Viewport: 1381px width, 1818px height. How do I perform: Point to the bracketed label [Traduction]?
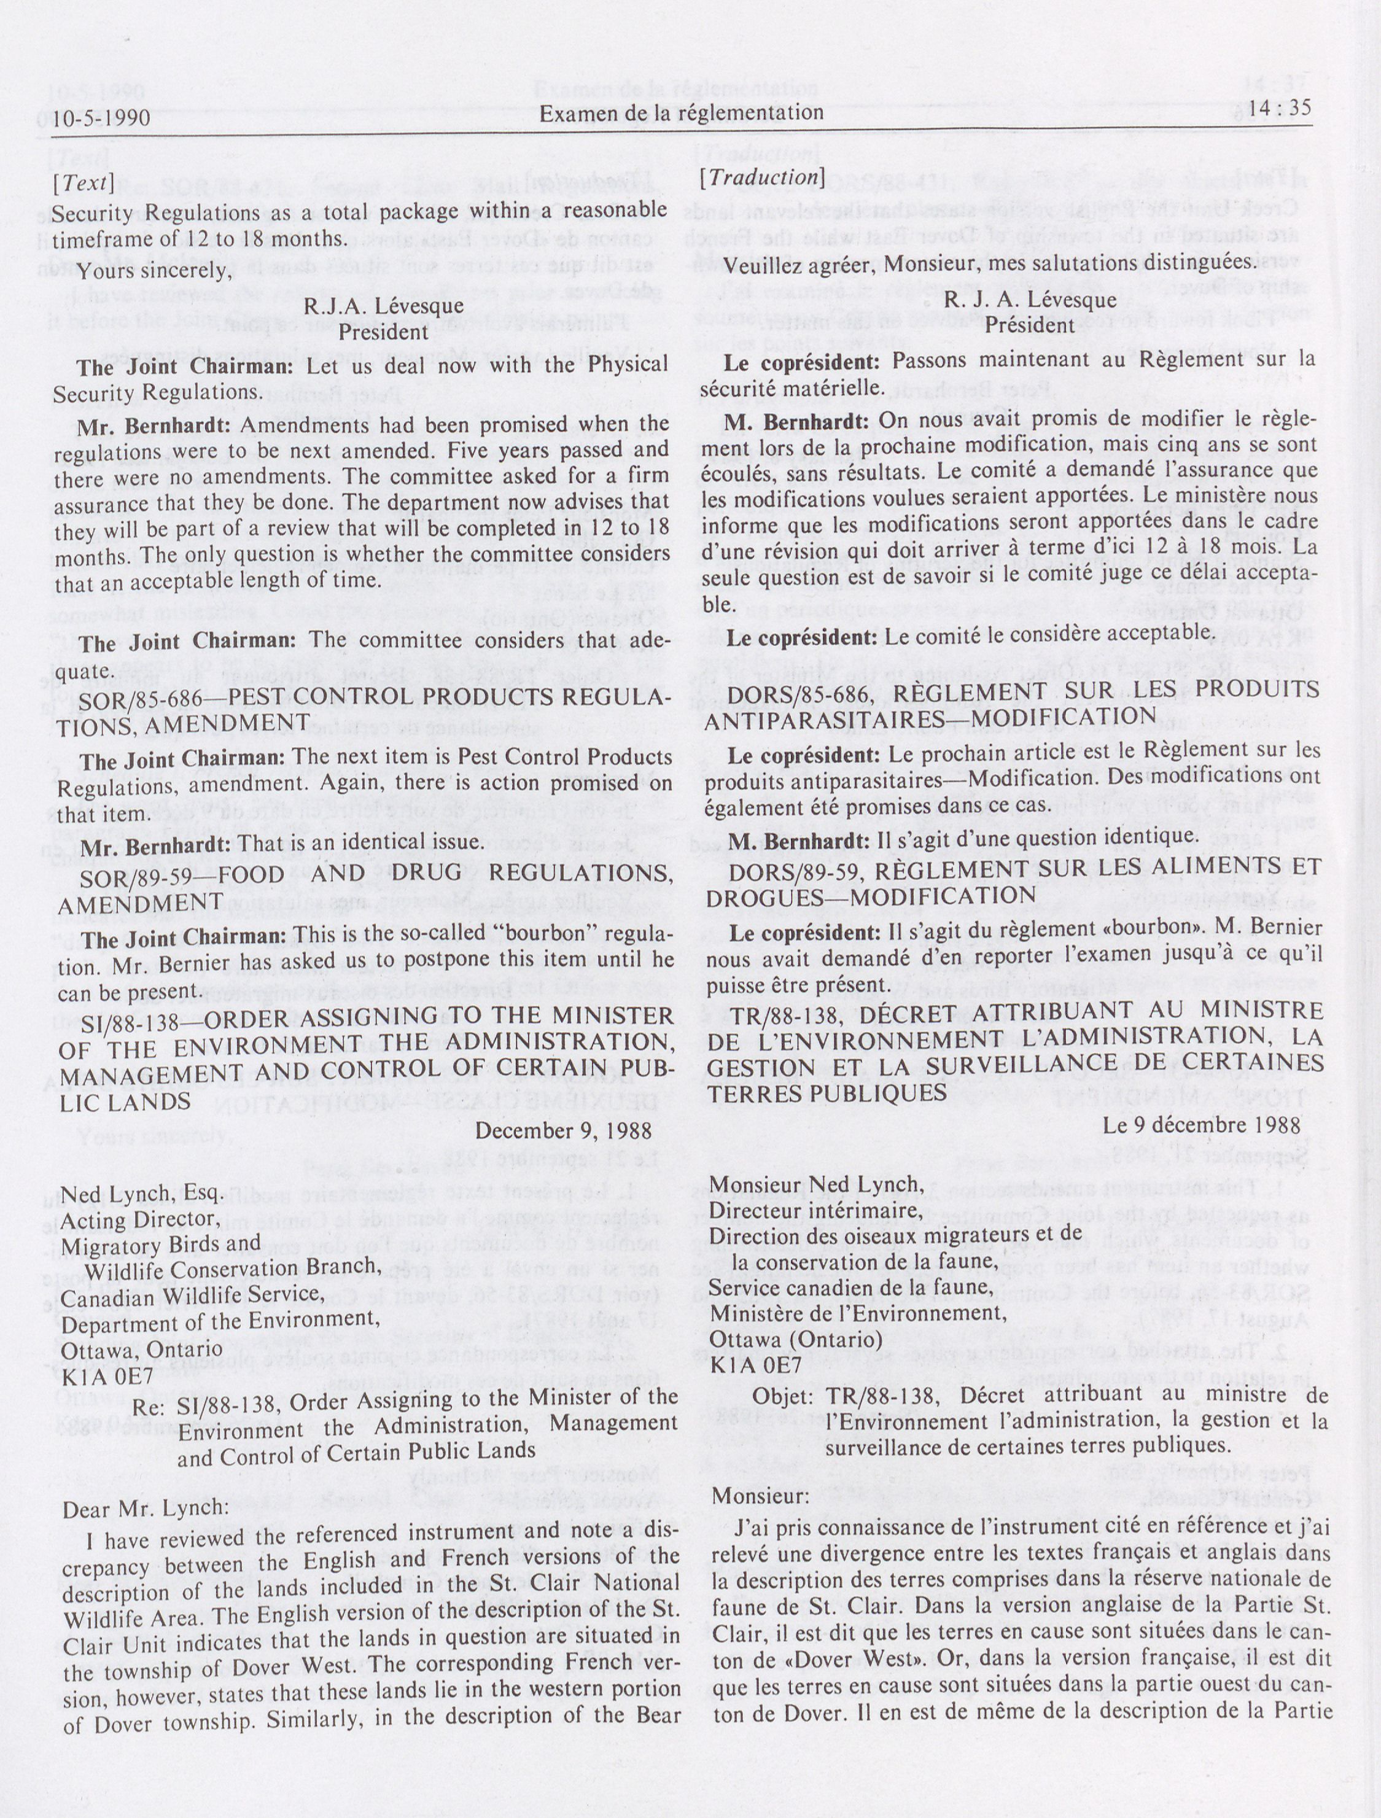click(x=761, y=177)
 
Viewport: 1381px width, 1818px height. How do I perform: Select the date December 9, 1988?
click(x=563, y=1130)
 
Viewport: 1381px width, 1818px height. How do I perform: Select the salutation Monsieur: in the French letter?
click(x=760, y=1496)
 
